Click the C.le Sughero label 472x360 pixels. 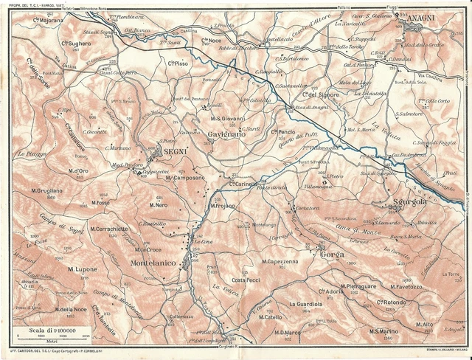76,44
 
